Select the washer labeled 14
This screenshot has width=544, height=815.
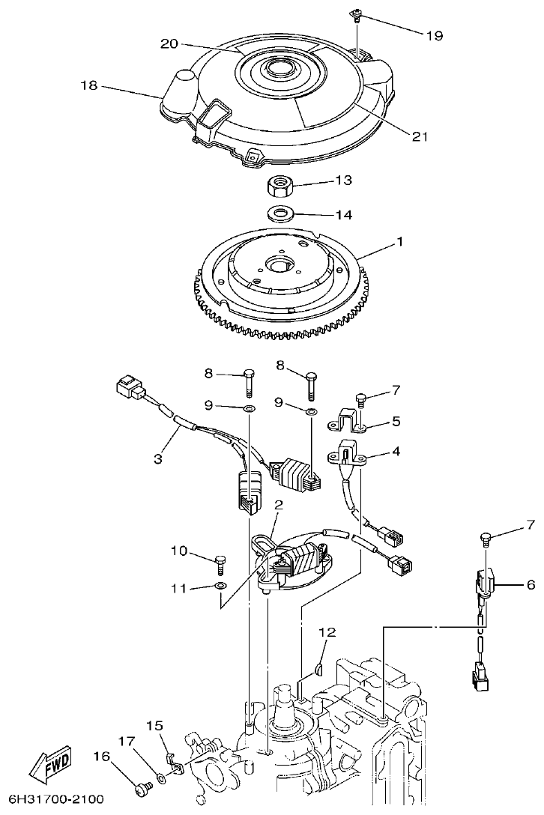tap(280, 213)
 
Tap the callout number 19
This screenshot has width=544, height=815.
tap(434, 35)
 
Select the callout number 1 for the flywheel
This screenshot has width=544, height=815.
tap(400, 242)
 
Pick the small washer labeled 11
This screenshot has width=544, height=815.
tap(220, 586)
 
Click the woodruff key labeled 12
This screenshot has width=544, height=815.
tap(318, 667)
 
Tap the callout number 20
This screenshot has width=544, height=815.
tap(170, 44)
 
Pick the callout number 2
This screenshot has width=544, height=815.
tap(278, 506)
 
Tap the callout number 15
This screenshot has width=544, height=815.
tap(154, 725)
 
